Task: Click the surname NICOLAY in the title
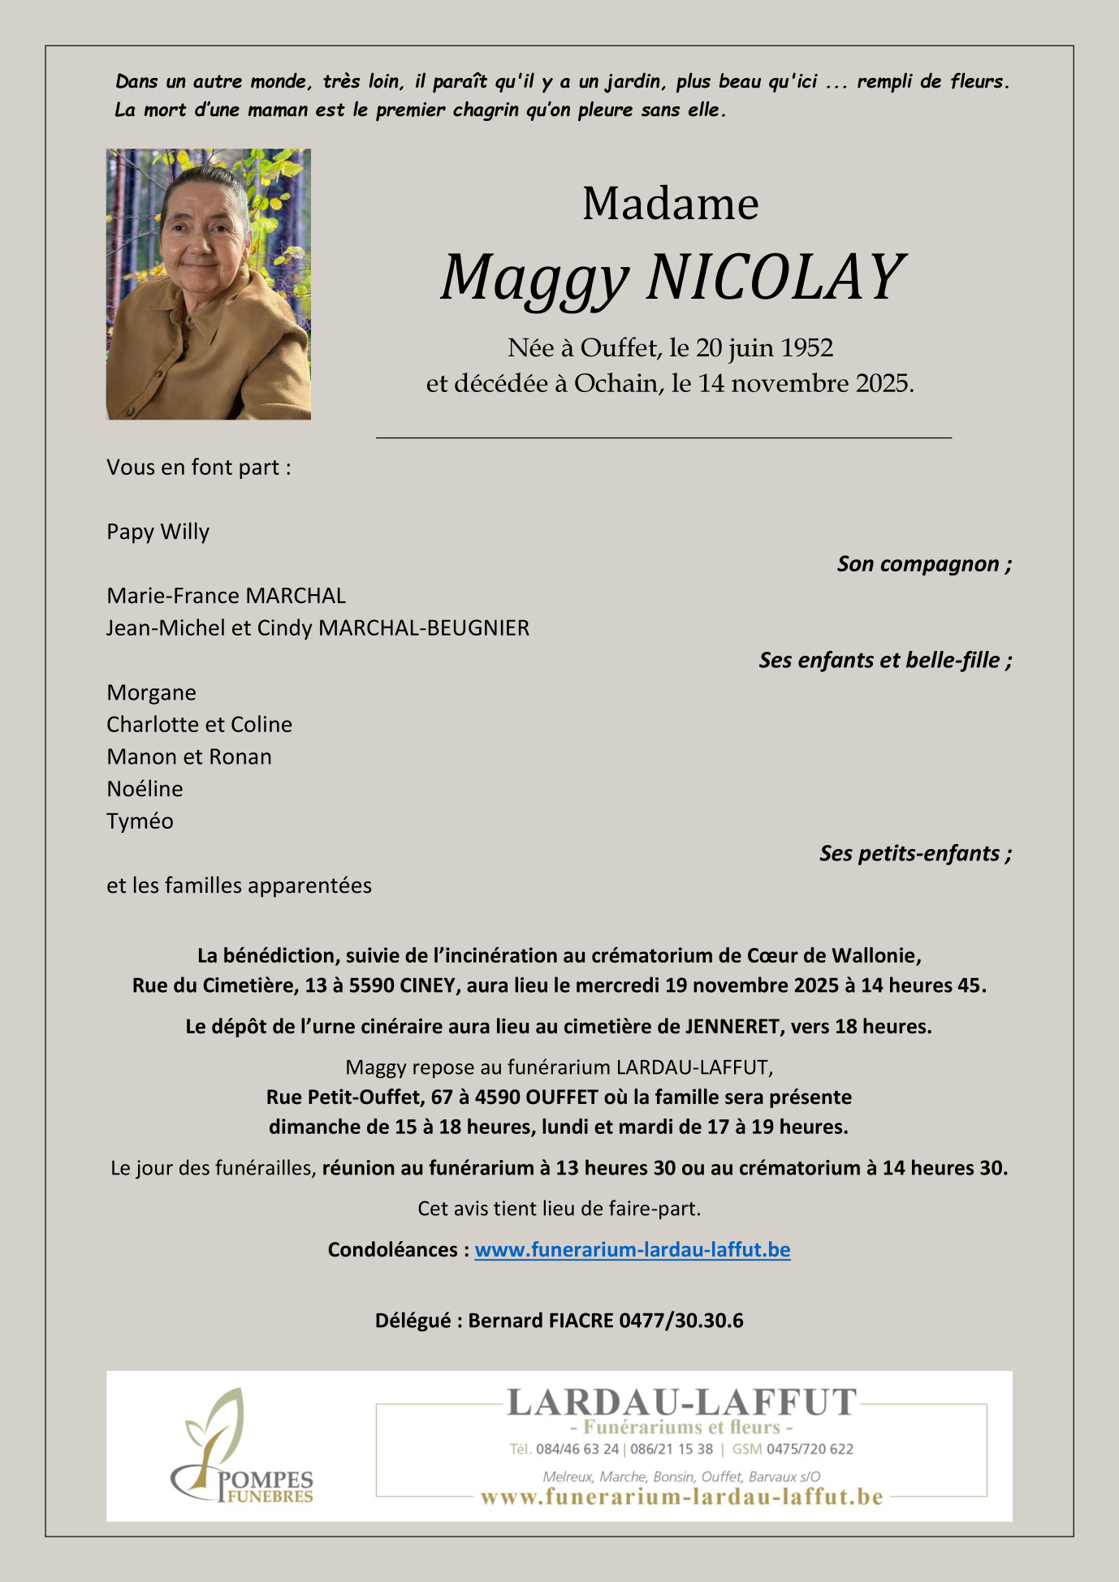pos(775,278)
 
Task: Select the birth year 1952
pos(806,347)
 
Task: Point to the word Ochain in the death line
pos(618,383)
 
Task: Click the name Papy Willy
pos(158,532)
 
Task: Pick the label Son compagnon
pos(923,564)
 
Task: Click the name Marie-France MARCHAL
pos(226,596)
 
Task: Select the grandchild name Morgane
pos(152,692)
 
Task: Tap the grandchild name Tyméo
pos(140,821)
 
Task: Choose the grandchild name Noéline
pos(145,788)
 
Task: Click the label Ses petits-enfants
pos(914,853)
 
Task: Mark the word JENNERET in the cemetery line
pos(732,1026)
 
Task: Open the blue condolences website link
pos(632,1249)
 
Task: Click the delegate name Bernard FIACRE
pos(540,1321)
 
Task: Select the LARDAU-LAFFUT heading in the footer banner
pos(681,1403)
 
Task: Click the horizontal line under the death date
pos(663,438)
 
